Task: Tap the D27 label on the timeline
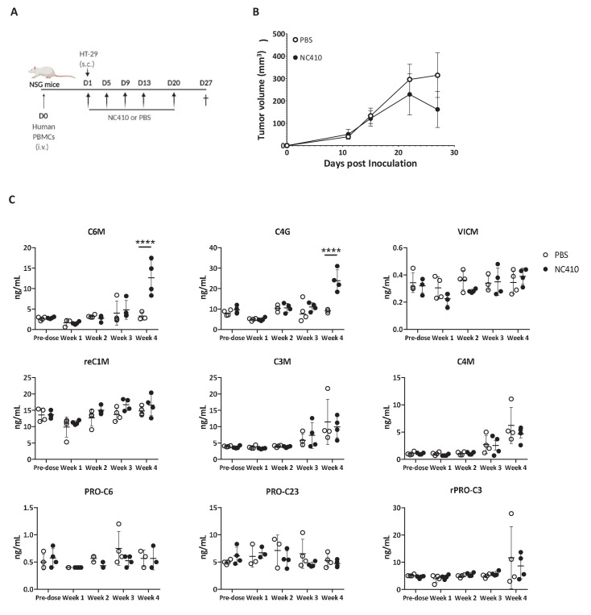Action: point(207,81)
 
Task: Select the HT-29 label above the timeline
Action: point(87,53)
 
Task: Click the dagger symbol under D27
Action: point(207,100)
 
